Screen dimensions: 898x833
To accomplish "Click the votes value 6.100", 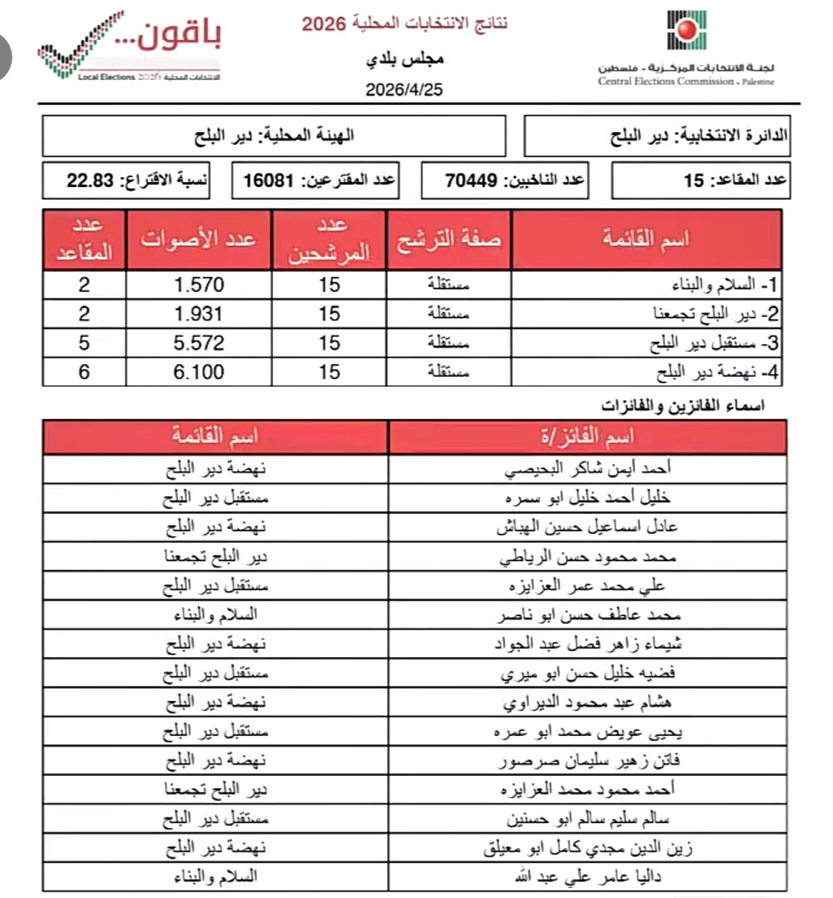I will tap(199, 372).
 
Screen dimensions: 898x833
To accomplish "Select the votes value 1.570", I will tap(199, 284).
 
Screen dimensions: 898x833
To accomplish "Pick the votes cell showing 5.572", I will tap(199, 343).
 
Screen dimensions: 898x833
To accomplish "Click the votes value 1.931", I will tap(199, 313).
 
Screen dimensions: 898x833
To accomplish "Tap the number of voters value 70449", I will tap(473, 180).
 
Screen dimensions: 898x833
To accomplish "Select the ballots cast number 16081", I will tap(264, 180).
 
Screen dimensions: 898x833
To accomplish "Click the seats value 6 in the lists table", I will tap(83, 372).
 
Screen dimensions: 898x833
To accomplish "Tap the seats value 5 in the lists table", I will tap(83, 343).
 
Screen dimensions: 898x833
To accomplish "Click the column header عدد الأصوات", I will tap(199, 239).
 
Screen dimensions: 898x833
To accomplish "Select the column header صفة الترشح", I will tap(449, 239).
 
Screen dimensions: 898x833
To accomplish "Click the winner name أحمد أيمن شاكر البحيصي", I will tap(588, 469).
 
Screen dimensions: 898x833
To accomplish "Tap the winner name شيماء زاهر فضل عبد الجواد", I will tap(588, 644).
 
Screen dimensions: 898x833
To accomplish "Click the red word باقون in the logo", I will tap(176, 35).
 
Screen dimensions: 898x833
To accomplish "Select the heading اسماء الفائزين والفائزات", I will tap(683, 406).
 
